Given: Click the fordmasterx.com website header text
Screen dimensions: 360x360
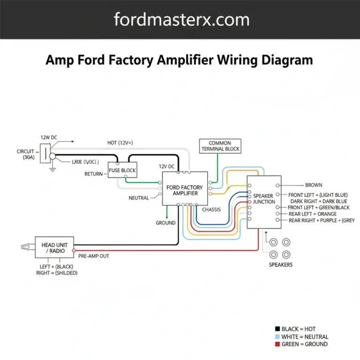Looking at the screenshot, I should [x=181, y=20].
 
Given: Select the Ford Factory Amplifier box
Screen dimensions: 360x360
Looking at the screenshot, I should [x=185, y=188].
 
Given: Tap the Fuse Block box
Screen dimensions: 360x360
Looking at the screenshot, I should [x=122, y=170].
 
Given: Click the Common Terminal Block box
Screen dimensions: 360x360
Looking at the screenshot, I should [x=220, y=146].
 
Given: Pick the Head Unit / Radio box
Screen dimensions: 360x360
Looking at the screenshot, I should [x=54, y=247].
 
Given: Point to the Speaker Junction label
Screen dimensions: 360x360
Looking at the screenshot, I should [x=264, y=199].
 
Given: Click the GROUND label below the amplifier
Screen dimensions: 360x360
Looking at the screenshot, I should [x=165, y=223].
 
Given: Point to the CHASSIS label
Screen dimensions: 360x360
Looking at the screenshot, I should [x=211, y=210].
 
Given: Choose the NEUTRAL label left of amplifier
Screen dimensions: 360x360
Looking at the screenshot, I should [x=139, y=198].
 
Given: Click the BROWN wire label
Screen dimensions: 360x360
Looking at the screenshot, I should [x=314, y=185].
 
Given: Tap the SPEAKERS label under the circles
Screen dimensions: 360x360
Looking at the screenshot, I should [x=281, y=265].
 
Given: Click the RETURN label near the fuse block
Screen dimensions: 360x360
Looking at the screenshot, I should [x=93, y=174].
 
